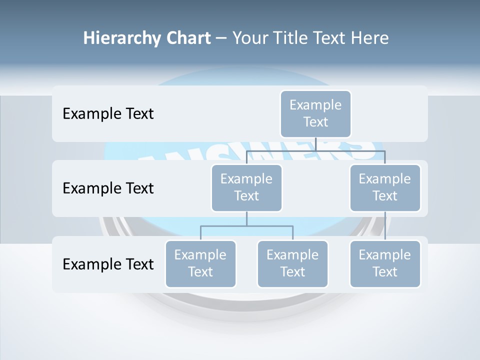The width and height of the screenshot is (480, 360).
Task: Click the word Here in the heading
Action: pyautogui.click(x=370, y=38)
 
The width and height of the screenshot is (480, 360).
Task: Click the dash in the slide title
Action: pyautogui.click(x=221, y=38)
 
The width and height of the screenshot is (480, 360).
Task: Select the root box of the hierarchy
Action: pyautogui.click(x=315, y=113)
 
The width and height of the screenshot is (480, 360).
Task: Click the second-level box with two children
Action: pyautogui.click(x=246, y=187)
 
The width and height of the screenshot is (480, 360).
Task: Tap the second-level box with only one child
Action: pyautogui.click(x=385, y=187)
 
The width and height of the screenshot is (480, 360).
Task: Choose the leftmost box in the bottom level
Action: pyautogui.click(x=200, y=263)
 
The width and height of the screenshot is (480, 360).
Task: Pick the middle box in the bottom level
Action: pyautogui.click(x=292, y=263)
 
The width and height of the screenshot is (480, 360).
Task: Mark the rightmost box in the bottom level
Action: pyautogui.click(x=385, y=263)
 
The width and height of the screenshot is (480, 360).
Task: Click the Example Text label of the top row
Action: pyautogui.click(x=108, y=113)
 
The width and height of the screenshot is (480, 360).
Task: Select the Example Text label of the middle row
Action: pyautogui.click(x=108, y=188)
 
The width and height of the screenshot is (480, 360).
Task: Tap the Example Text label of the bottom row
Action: pyautogui.click(x=108, y=264)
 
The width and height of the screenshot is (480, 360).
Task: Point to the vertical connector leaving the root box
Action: pyautogui.click(x=315, y=144)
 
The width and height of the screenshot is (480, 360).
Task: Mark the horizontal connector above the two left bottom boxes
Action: pyautogui.click(x=246, y=226)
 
